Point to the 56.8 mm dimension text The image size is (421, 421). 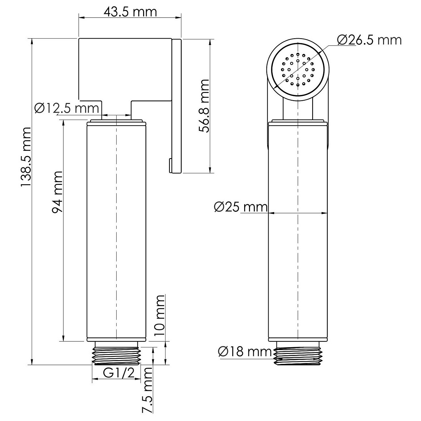(x=204, y=106)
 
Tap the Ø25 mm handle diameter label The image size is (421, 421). (x=241, y=207)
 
